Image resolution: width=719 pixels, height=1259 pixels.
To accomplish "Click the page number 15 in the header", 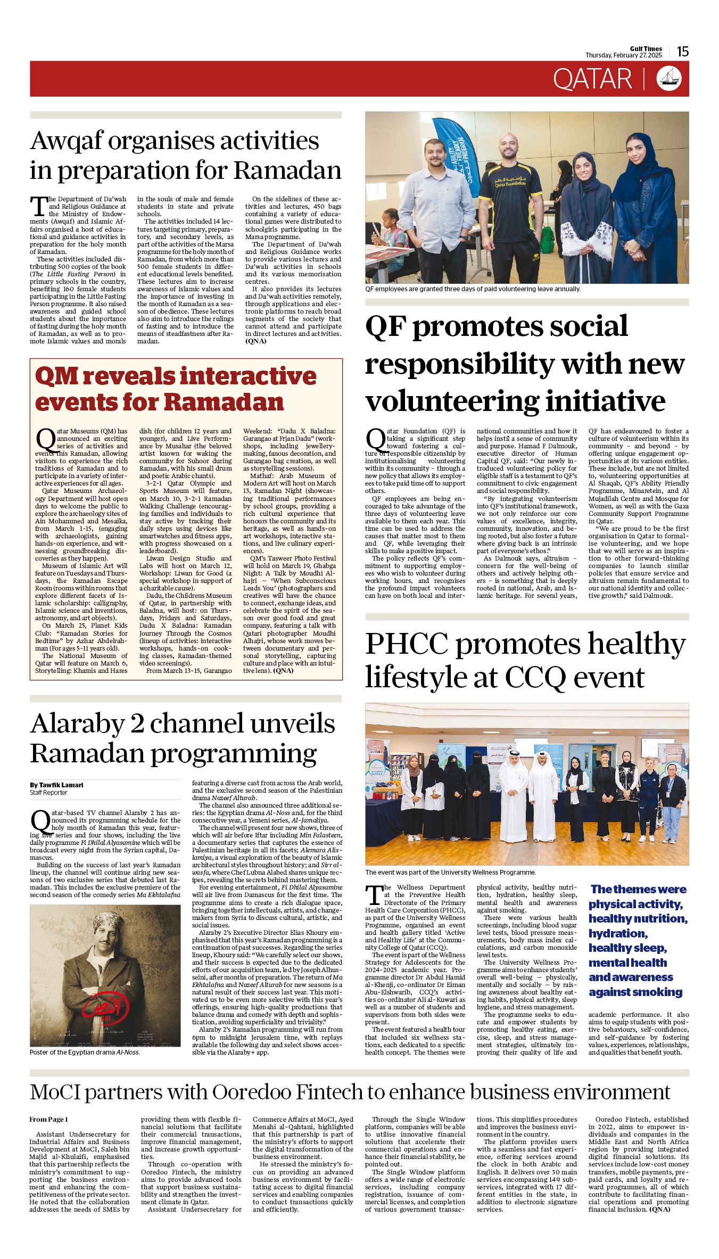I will tap(683, 51).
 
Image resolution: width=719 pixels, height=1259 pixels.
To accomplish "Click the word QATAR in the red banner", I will tap(592, 79).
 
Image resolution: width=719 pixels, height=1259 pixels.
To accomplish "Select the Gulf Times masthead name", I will tap(646, 48).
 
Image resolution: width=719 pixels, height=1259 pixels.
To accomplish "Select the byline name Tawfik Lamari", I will tap(61, 785).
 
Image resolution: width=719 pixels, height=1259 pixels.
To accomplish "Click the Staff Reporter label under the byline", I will tap(48, 793).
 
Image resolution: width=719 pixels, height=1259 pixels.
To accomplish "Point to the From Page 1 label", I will tap(48, 1120).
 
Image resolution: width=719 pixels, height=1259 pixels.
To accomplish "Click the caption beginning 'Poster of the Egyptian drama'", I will tap(85, 1052).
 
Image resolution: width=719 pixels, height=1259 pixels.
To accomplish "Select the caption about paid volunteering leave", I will tap(473, 289).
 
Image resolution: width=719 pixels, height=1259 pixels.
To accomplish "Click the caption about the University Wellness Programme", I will tap(450, 873).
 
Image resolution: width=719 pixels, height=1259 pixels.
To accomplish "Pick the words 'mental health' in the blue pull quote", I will tap(627, 962).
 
